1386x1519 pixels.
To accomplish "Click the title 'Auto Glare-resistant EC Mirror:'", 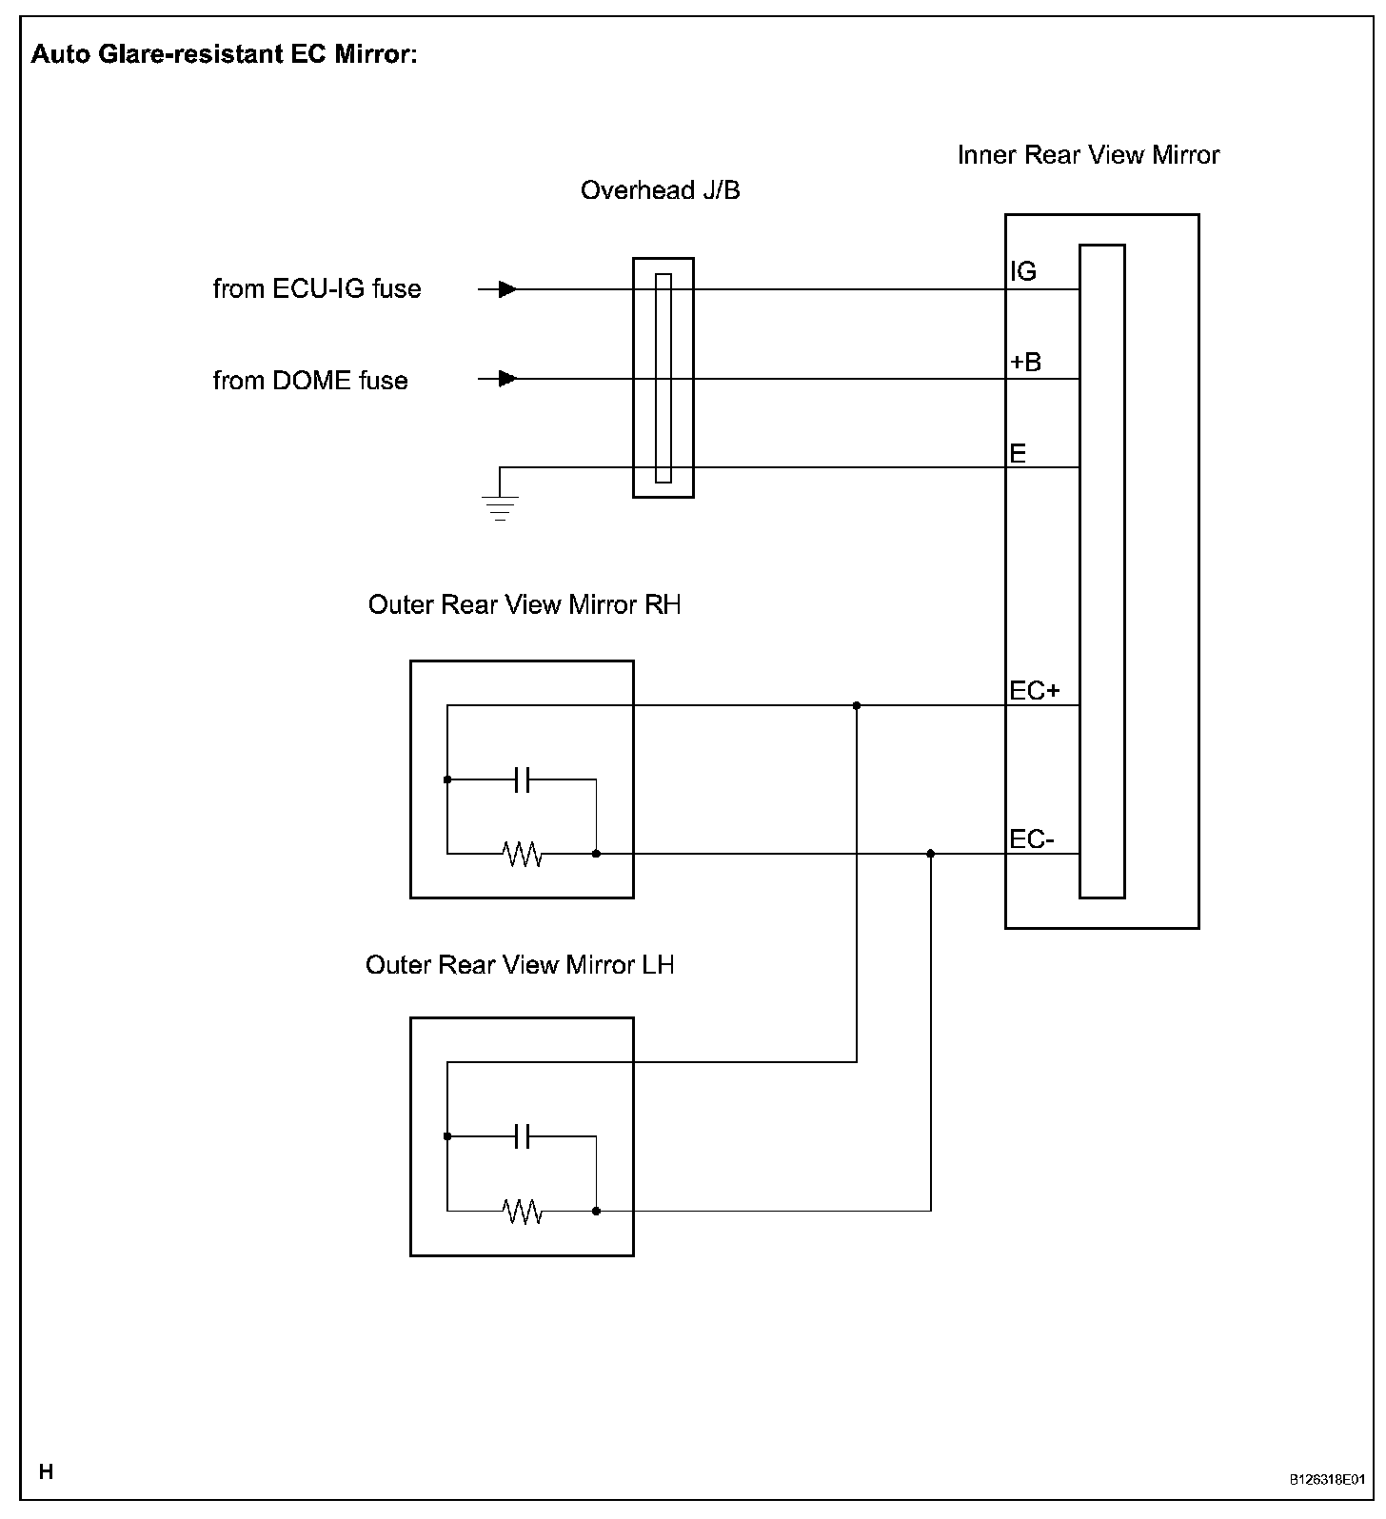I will tap(224, 54).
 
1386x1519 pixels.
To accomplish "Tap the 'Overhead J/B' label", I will tap(660, 190).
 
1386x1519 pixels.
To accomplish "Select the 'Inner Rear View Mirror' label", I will tap(1088, 155).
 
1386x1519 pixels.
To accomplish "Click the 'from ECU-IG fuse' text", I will tap(317, 288).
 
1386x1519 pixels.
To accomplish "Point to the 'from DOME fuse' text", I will tap(310, 381).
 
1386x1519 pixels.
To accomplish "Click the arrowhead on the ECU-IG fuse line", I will tap(508, 288).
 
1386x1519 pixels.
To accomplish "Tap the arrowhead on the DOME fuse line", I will tap(508, 379).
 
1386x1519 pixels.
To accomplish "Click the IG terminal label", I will tap(1023, 272).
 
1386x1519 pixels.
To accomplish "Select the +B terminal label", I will tap(1025, 363).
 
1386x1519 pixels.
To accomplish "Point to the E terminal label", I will tap(1018, 453).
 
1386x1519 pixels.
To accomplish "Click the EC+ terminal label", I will tap(1035, 690).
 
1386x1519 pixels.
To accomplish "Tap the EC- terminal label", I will tap(1032, 839).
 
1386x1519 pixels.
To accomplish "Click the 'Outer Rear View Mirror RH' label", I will tap(525, 605).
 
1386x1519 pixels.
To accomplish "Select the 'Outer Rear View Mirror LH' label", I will tap(520, 965).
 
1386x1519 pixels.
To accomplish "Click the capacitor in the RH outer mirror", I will tap(521, 779).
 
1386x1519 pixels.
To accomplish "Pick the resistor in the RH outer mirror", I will tap(523, 855).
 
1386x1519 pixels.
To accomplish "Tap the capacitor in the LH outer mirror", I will tap(521, 1136).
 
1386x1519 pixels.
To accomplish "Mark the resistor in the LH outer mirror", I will tap(523, 1212).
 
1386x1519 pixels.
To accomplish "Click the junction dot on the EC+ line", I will tap(857, 705).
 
